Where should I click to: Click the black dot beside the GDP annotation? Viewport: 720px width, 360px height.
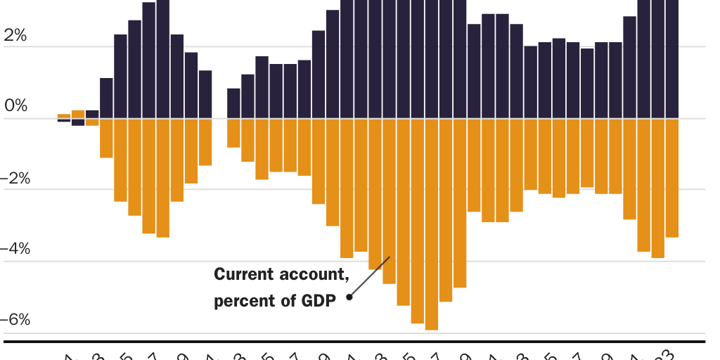pos(349,297)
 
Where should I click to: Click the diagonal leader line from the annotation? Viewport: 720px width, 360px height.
pos(370,276)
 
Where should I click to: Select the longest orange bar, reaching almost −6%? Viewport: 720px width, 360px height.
pos(431,224)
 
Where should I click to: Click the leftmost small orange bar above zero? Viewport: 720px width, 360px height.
pos(64,115)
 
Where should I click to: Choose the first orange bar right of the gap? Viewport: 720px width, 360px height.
pos(233,133)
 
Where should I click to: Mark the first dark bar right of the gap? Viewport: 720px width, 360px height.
pos(233,103)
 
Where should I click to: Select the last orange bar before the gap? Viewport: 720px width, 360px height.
pos(205,141)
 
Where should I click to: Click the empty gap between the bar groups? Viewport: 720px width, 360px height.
pos(219,118)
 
